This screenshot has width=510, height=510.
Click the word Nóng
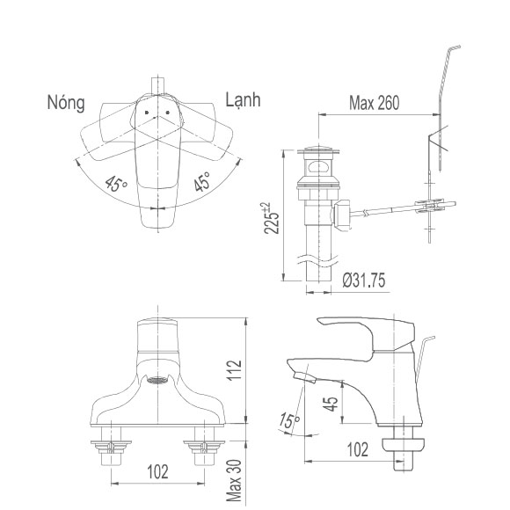click(66, 103)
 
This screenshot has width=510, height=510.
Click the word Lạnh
click(243, 101)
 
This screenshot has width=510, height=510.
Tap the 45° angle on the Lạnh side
click(201, 183)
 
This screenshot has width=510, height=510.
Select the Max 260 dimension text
click(374, 103)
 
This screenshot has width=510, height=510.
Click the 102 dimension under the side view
click(357, 450)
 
